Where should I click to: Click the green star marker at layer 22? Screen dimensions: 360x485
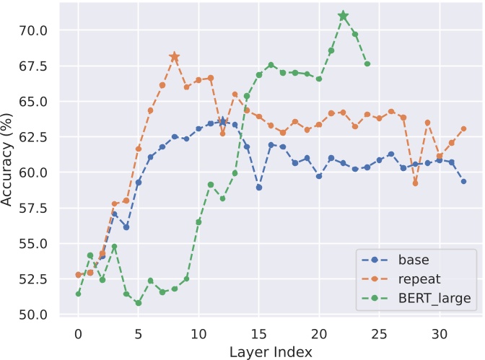[x=344, y=16]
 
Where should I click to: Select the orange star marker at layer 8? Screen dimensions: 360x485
[x=174, y=56]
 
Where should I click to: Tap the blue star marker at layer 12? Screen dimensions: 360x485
[x=222, y=122]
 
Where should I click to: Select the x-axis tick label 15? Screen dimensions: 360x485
[x=258, y=335]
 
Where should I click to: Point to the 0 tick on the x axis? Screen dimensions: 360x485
[x=78, y=335]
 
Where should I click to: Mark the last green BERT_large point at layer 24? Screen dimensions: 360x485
[x=367, y=64]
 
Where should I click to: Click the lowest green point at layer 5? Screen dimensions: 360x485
[x=138, y=303]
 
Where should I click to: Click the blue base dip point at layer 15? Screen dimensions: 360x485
[x=258, y=188]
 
